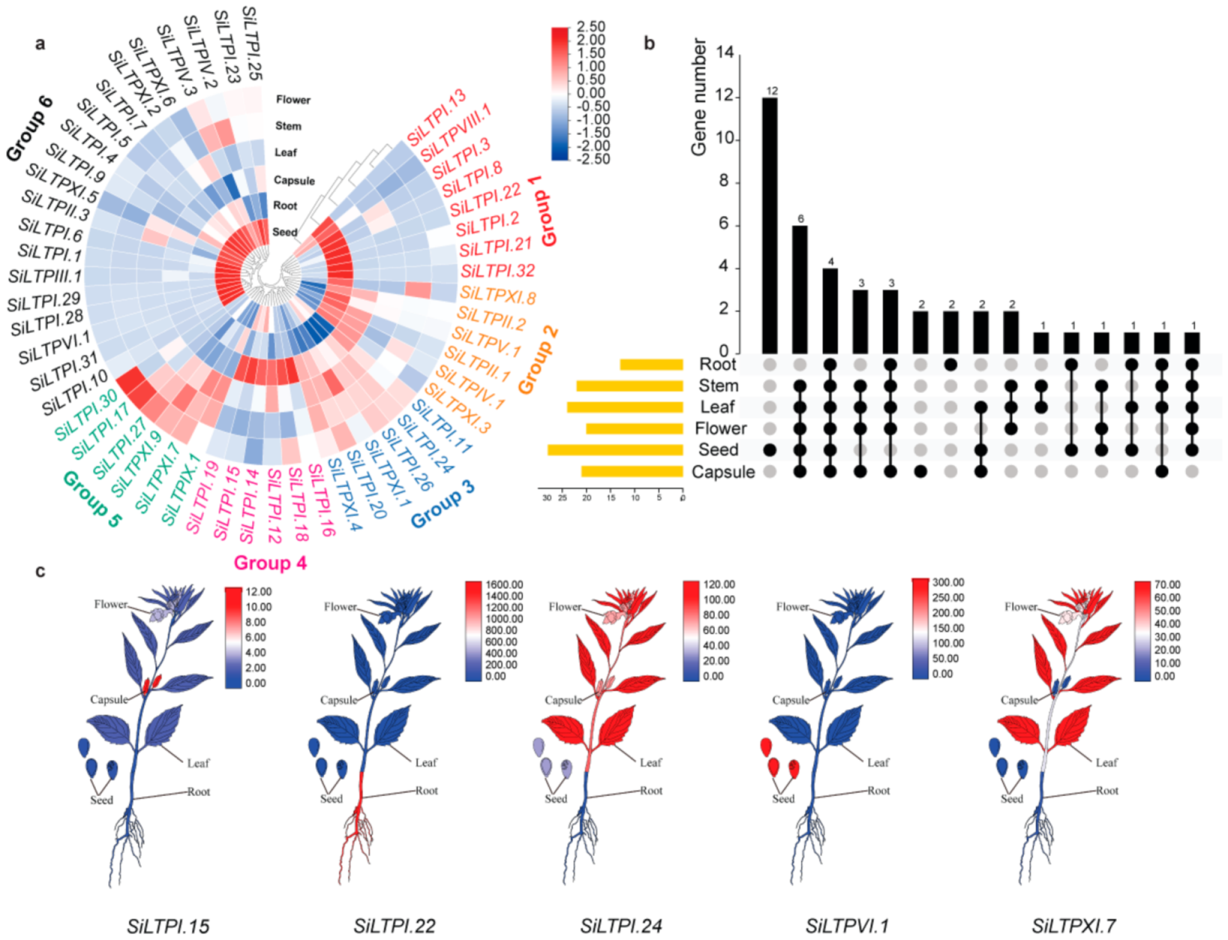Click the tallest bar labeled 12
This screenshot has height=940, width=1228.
(x=770, y=225)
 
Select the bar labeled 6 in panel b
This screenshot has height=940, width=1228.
(x=800, y=289)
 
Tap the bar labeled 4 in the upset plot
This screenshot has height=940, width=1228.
(x=830, y=311)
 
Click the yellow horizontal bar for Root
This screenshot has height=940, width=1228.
(x=651, y=365)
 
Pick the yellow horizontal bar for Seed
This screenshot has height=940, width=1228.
(x=615, y=450)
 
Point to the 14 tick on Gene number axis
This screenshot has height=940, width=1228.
(x=725, y=53)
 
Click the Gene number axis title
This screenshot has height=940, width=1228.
(x=699, y=98)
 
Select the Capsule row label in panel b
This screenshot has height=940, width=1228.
(x=722, y=472)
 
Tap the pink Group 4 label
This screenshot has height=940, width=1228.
(x=270, y=563)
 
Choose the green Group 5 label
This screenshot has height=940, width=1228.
(x=92, y=499)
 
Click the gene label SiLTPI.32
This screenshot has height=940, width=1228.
(x=497, y=271)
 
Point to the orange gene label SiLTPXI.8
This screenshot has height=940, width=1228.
(x=498, y=296)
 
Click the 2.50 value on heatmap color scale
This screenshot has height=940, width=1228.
(x=591, y=27)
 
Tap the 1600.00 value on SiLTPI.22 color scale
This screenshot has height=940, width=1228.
(x=504, y=585)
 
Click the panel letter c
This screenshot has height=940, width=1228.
(x=41, y=571)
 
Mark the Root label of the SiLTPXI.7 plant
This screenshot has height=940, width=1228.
(x=1106, y=791)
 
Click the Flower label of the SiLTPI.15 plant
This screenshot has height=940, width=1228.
(x=110, y=605)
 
